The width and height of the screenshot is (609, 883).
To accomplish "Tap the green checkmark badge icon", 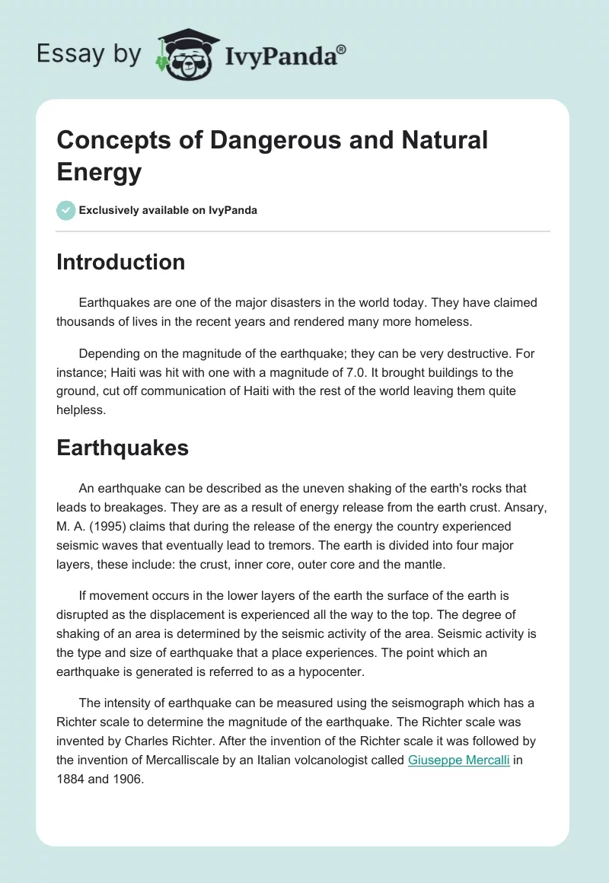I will tap(65, 210).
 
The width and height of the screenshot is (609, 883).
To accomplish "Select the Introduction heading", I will tap(120, 262).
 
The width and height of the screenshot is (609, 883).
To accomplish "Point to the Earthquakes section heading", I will tap(122, 448).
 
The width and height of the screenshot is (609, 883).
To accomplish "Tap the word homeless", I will tap(446, 321).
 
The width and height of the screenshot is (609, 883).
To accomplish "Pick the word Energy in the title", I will tap(99, 172).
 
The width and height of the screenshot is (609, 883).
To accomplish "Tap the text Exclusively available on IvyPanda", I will tap(168, 210).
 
